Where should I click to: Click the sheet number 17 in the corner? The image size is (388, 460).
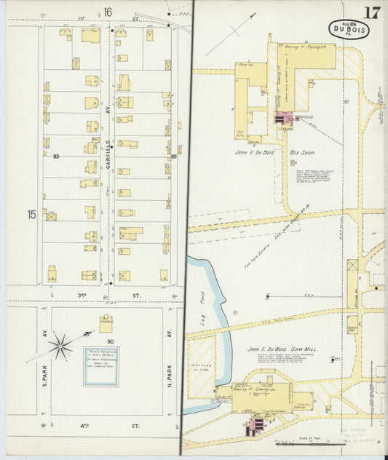click(x=372, y=12)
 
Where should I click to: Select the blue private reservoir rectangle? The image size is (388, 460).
click(x=100, y=365)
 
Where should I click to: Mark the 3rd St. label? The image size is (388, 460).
click(x=108, y=295)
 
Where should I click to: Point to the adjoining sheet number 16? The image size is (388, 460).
click(x=108, y=11)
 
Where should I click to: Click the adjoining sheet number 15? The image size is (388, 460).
click(x=31, y=214)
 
